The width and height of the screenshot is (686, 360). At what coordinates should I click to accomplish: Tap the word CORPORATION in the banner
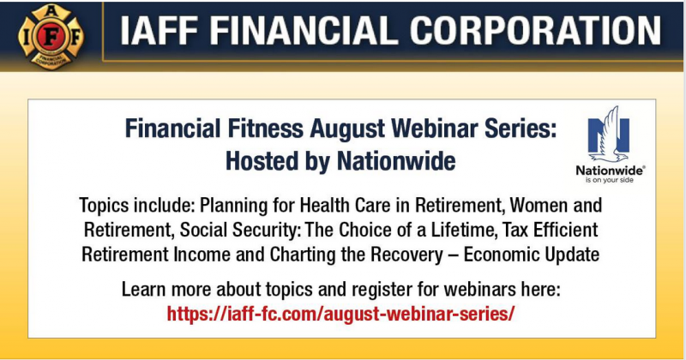[x=535, y=31]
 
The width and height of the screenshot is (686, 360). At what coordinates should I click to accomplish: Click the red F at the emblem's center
[x=51, y=37]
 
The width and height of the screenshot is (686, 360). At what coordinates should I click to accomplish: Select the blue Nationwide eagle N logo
[x=608, y=135]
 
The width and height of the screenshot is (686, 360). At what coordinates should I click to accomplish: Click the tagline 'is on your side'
[x=610, y=180]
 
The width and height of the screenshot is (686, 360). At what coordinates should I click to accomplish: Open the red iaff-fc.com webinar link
[x=340, y=314]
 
